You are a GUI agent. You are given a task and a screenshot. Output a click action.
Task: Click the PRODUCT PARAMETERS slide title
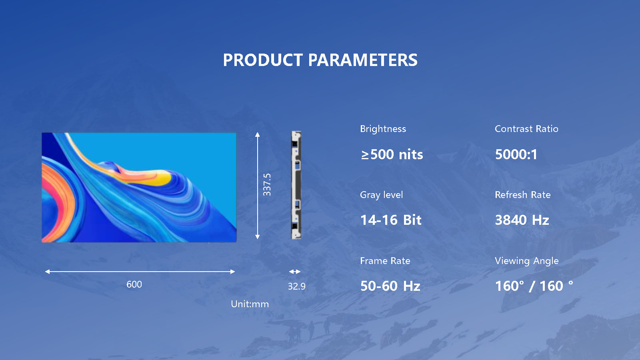click(x=320, y=60)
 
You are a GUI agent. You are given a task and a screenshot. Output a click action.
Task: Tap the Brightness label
click(x=383, y=129)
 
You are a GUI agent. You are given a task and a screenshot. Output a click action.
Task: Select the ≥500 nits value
click(x=392, y=154)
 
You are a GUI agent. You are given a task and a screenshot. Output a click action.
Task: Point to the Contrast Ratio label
click(x=526, y=129)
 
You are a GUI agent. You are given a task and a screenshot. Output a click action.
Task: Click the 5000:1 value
click(x=516, y=154)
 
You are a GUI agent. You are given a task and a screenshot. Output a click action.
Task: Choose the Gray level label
click(x=381, y=195)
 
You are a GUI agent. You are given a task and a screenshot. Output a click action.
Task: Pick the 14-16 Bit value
click(x=391, y=220)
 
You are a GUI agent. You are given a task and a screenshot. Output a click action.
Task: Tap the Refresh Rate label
click(x=522, y=195)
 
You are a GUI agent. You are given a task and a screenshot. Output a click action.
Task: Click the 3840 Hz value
click(x=522, y=220)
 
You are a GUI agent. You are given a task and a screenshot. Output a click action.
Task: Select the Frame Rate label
click(x=385, y=261)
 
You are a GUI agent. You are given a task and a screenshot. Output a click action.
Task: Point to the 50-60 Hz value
click(x=390, y=286)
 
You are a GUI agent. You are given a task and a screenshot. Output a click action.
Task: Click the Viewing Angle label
click(x=526, y=261)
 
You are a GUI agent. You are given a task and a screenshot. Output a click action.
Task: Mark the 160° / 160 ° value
click(x=534, y=286)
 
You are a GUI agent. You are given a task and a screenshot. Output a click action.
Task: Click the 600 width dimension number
click(x=134, y=284)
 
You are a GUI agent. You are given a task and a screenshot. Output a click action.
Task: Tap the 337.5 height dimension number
click(x=267, y=185)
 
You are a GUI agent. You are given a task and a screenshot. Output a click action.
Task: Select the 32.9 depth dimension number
click(x=296, y=286)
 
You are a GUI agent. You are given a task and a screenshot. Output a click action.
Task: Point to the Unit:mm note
click(x=250, y=304)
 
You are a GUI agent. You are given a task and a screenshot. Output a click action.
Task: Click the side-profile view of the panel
click(x=296, y=185)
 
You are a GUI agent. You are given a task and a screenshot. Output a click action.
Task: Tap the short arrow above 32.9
click(x=295, y=272)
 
